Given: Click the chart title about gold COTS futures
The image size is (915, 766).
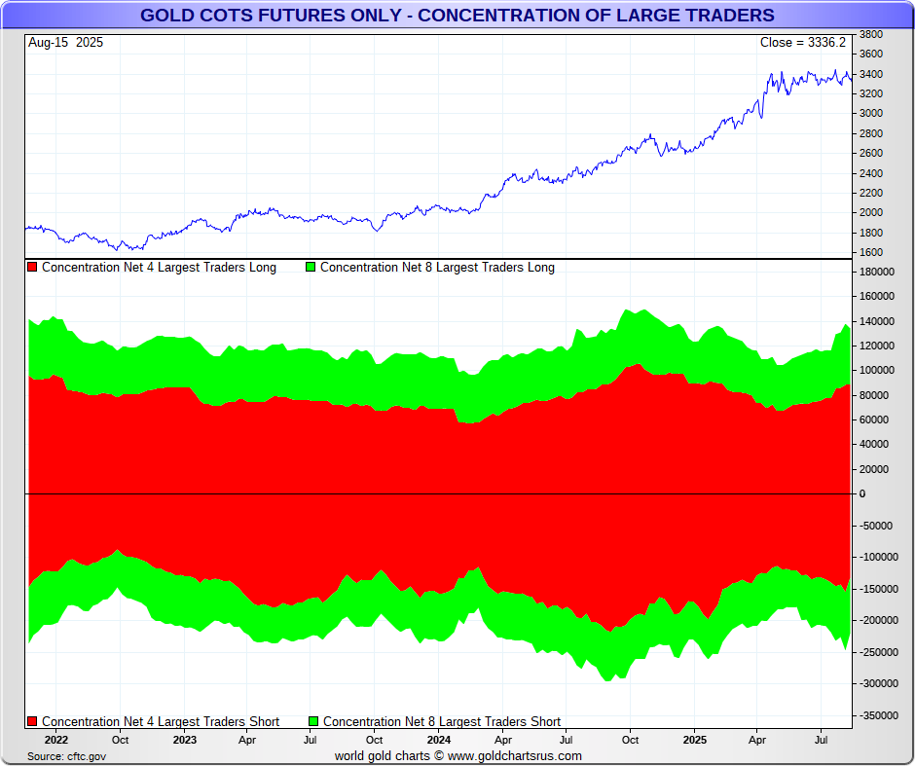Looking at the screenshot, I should coord(457,15).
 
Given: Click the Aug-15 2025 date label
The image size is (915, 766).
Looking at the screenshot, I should coord(66,43).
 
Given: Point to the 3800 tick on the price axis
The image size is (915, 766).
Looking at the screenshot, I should coord(871,34).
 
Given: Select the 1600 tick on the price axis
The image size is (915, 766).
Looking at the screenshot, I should coord(871,253).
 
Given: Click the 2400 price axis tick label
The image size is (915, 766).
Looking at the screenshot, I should coord(871,173).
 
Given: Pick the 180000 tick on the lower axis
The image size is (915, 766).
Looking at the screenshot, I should coord(877,272).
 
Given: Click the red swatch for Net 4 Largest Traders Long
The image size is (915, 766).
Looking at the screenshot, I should coord(33,268).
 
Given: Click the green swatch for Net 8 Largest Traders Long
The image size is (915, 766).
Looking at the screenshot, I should coord(311,268).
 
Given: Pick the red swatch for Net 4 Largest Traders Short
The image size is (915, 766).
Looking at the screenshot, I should coord(33,722).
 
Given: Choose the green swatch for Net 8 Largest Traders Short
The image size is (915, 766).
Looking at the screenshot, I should coord(313,722).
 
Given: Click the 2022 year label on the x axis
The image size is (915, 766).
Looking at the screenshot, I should coord(55,740).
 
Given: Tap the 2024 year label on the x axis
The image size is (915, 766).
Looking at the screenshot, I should coord(438,740).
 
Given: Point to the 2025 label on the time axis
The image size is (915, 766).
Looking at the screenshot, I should coord(694,740).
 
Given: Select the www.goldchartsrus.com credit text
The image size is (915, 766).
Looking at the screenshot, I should coord(515,756).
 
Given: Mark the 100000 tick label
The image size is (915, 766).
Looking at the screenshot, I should coord(877,370).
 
